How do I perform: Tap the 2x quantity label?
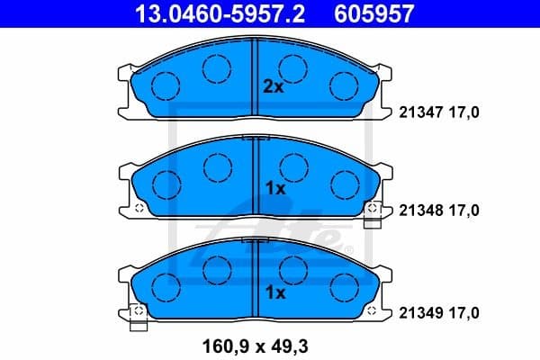click(273, 87)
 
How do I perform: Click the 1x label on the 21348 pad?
click(274, 189)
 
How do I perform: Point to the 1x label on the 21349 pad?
click(274, 292)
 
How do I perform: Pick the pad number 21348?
click(419, 210)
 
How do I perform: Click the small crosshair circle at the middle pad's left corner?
click(140, 209)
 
